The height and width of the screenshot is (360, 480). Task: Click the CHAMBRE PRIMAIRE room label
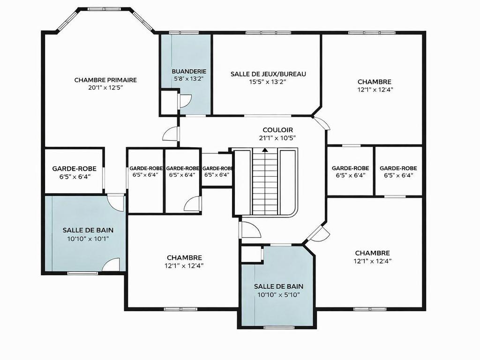[x=105, y=80]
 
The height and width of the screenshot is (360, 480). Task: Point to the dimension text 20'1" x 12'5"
[x=105, y=87]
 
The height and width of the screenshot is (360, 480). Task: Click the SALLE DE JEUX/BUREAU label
[x=268, y=74]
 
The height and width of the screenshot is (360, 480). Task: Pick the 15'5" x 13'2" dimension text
[x=268, y=82]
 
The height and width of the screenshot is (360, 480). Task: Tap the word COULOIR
[x=277, y=130]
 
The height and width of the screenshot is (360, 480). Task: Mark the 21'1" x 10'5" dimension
[x=277, y=138]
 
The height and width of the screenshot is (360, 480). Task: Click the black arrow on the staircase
[x=265, y=150]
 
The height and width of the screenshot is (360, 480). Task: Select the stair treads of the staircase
[x=265, y=183]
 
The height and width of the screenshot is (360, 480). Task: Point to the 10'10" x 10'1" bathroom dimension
[x=88, y=238]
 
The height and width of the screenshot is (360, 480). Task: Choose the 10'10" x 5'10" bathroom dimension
[x=278, y=294]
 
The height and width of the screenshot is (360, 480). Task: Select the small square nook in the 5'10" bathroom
[x=251, y=254]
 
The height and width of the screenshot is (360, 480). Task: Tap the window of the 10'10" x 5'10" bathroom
[x=276, y=327]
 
